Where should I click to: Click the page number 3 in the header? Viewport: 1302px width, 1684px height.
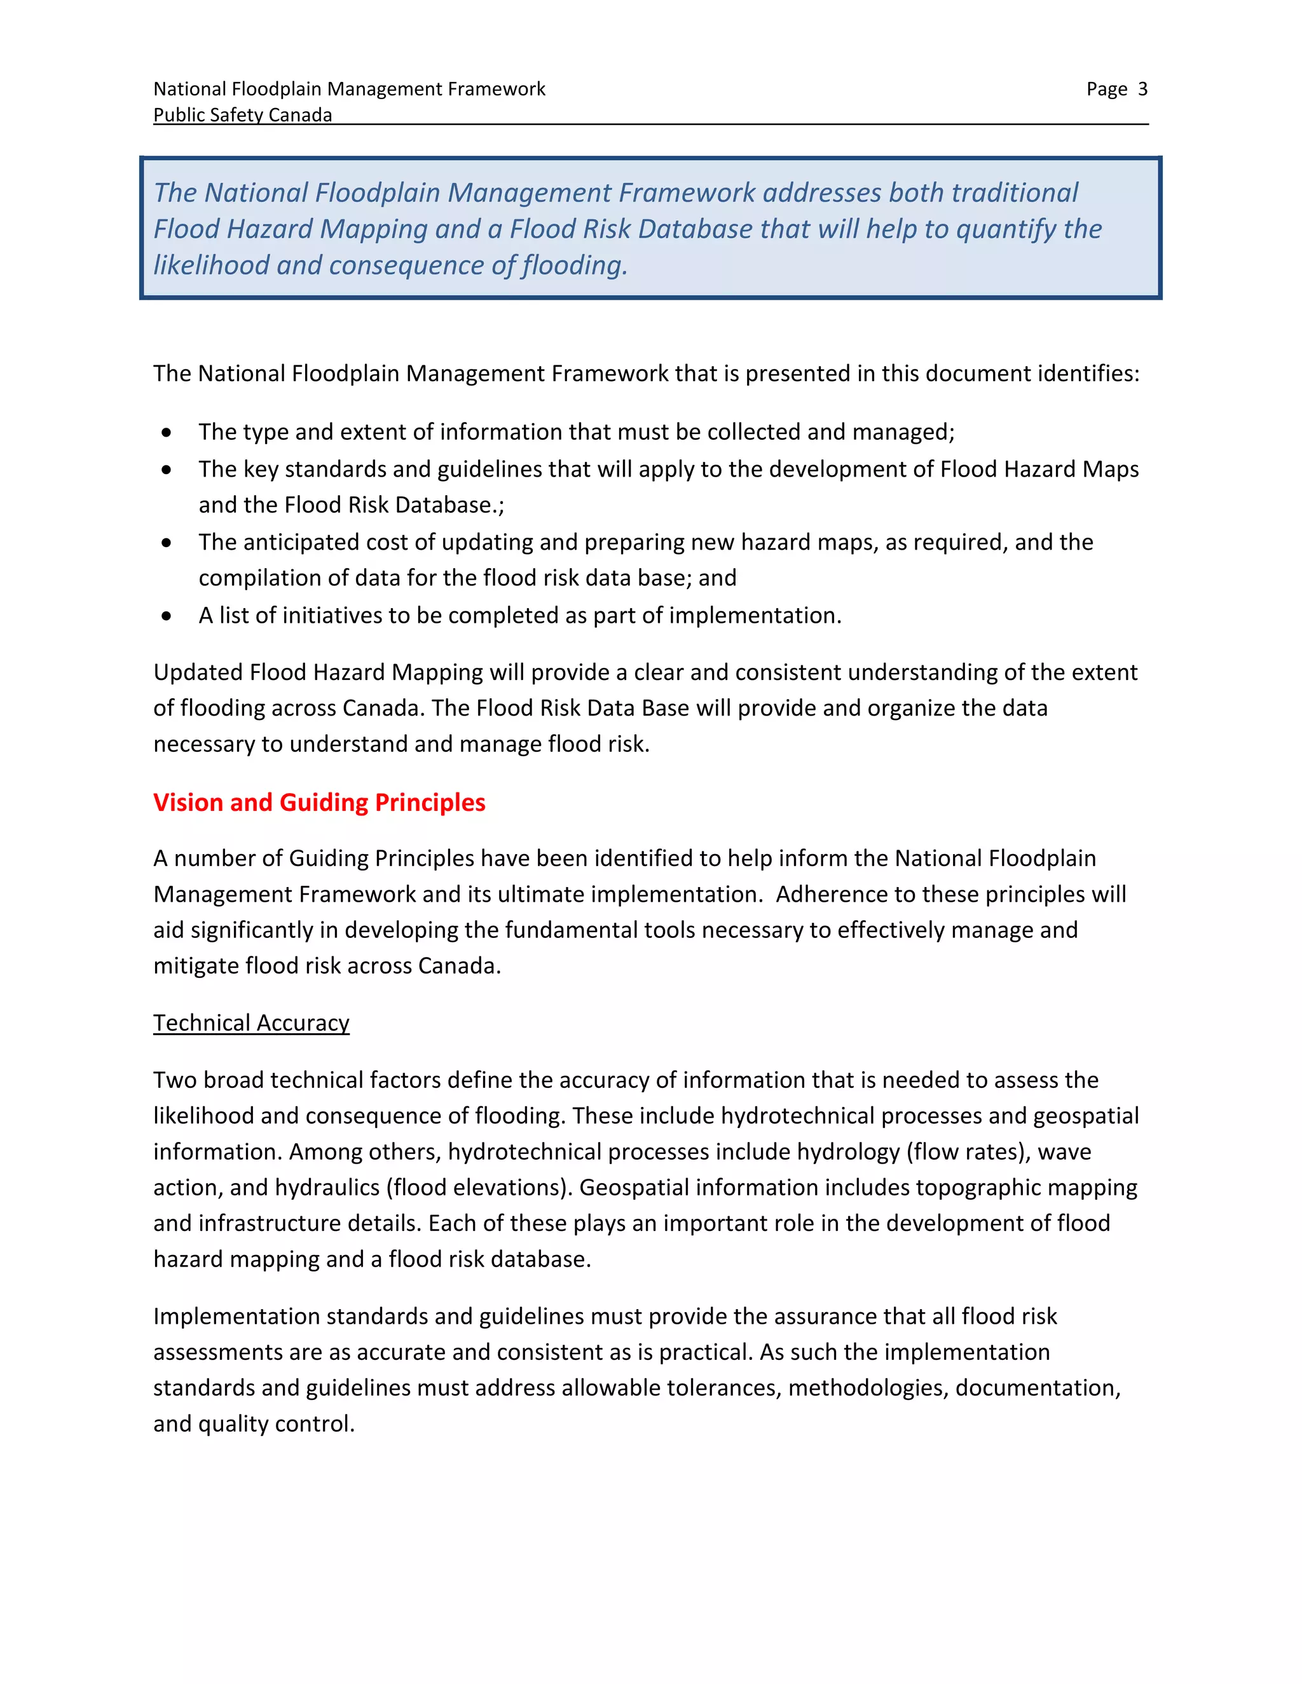pos(1142,90)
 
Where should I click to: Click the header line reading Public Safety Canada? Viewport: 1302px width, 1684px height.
pos(242,115)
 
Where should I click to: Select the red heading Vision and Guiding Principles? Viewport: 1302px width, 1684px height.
pos(319,802)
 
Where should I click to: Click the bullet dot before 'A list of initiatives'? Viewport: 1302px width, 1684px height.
pos(167,615)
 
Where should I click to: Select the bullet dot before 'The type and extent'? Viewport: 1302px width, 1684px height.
pos(167,433)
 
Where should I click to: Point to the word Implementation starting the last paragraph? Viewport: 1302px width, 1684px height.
pos(236,1316)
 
